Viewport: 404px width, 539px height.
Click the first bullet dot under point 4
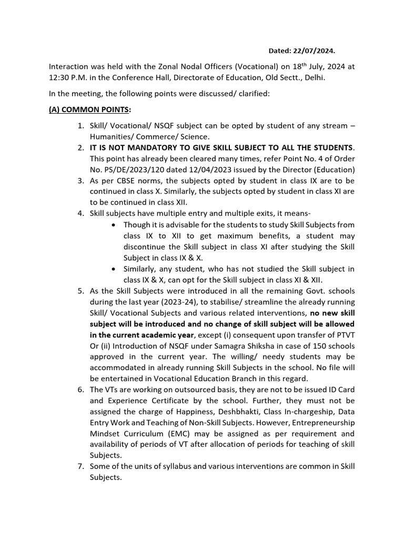click(x=114, y=225)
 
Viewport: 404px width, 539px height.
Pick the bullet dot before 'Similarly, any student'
click(x=114, y=269)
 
